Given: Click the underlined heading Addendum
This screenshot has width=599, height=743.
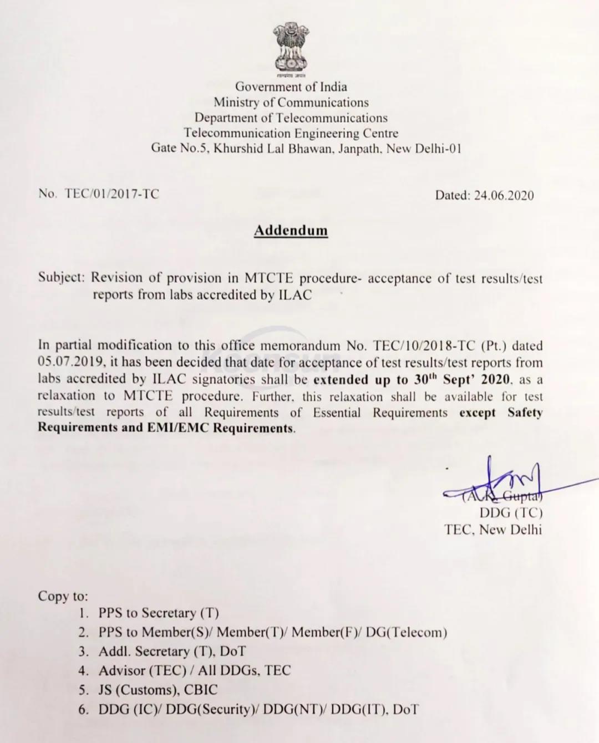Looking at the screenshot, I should (291, 230).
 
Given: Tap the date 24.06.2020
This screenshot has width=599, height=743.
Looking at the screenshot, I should (504, 195).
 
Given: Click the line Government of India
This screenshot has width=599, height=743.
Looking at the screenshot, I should (291, 86).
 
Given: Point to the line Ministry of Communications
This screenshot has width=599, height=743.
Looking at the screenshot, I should (291, 102).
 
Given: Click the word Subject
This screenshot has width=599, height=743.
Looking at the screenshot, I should (60, 277).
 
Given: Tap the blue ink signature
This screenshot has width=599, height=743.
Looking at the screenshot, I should (494, 480).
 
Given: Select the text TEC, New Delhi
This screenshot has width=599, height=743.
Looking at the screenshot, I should (493, 529).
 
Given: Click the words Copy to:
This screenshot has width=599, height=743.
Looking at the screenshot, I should (63, 596).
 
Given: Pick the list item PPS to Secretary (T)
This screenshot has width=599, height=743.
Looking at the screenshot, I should (159, 613).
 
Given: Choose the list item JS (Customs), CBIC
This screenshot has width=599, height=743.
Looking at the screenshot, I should (158, 690).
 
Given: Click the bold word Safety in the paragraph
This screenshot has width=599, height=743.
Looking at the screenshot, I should (525, 413).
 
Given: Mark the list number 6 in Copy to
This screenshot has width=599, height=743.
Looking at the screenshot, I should (83, 709).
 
